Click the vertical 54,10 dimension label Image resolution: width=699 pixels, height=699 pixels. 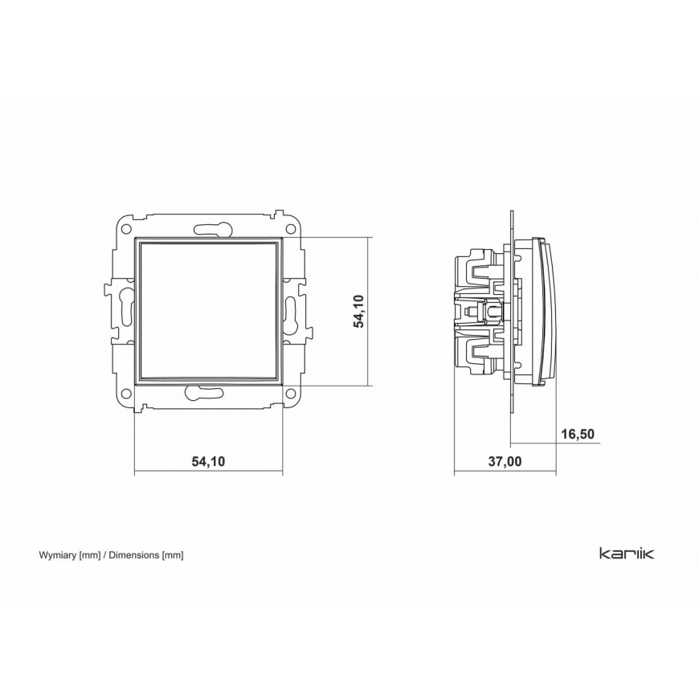tap(359, 311)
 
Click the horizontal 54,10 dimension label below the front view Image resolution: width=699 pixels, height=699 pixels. tap(209, 461)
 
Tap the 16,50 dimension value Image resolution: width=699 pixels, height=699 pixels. tap(578, 434)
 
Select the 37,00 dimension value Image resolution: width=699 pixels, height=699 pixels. tap(505, 461)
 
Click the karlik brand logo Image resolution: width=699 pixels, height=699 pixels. tap(627, 554)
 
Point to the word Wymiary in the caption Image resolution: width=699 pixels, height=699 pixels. tap(58, 555)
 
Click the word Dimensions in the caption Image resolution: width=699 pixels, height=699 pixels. tap(134, 555)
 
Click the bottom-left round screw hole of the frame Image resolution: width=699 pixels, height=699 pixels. tap(126, 394)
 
